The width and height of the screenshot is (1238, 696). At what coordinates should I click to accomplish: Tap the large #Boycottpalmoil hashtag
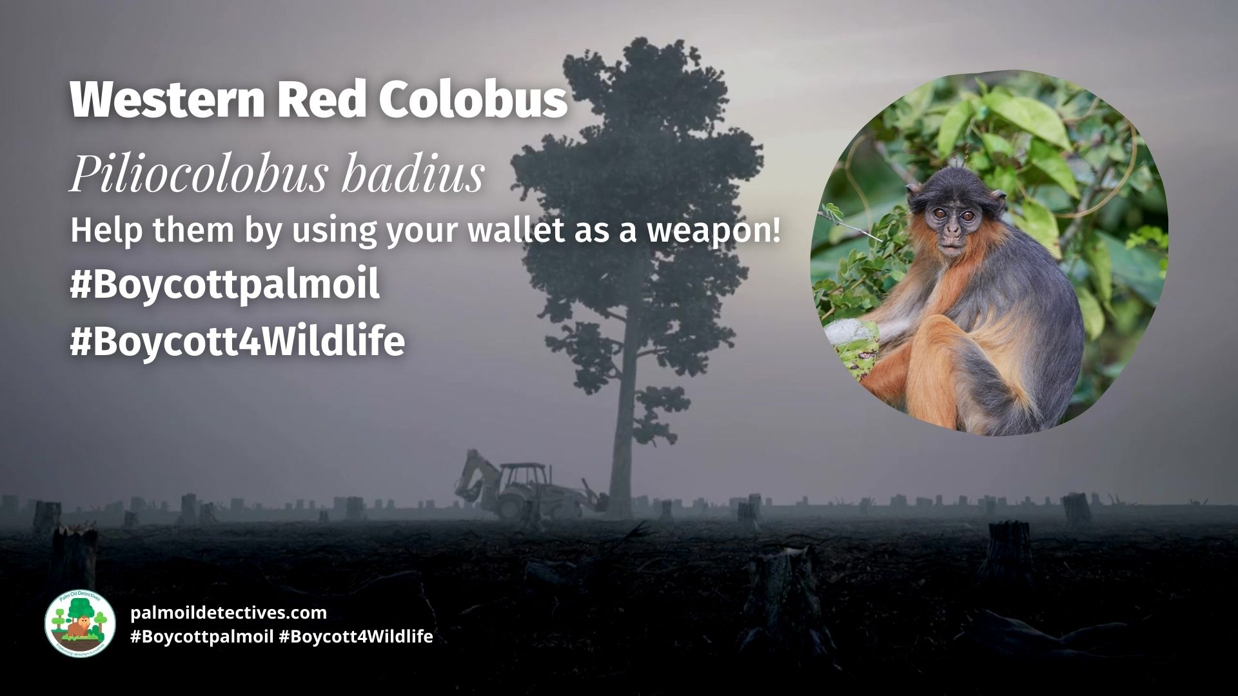pyautogui.click(x=224, y=285)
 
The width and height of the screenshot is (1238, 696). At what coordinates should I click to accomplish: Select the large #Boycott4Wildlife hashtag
pyautogui.click(x=237, y=342)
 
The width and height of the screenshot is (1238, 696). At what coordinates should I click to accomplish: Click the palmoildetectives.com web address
pyautogui.click(x=228, y=612)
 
